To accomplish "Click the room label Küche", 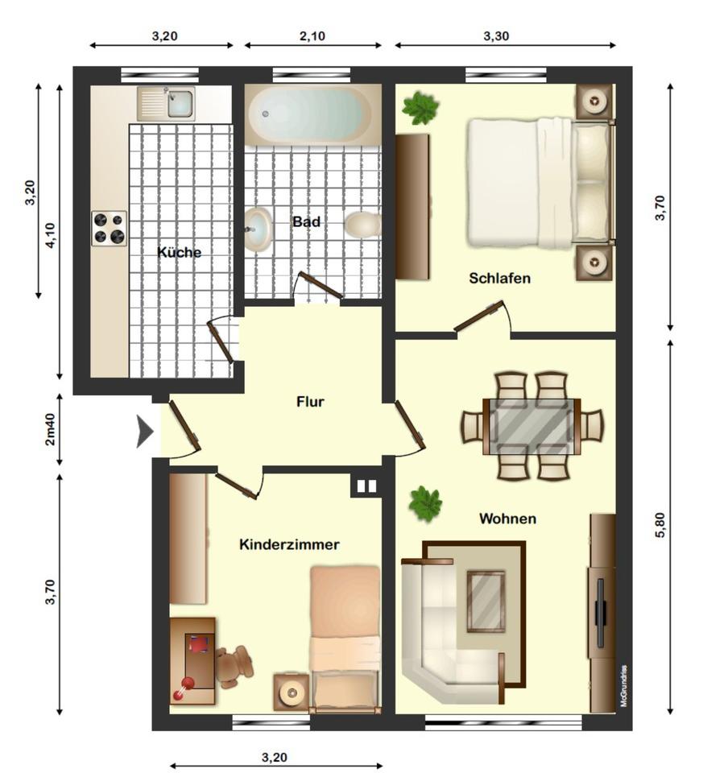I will click(x=179, y=252).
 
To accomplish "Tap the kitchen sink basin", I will click(x=179, y=103).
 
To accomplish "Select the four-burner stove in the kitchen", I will click(x=109, y=227).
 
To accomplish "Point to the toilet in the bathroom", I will click(x=362, y=224).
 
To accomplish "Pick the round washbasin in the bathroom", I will click(x=258, y=228).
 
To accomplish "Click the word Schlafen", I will click(x=499, y=279).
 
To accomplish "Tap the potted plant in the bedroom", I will click(x=420, y=107).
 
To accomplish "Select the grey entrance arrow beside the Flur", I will click(x=145, y=432).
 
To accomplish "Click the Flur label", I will click(x=310, y=401).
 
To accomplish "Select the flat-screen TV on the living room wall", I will click(x=599, y=612).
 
